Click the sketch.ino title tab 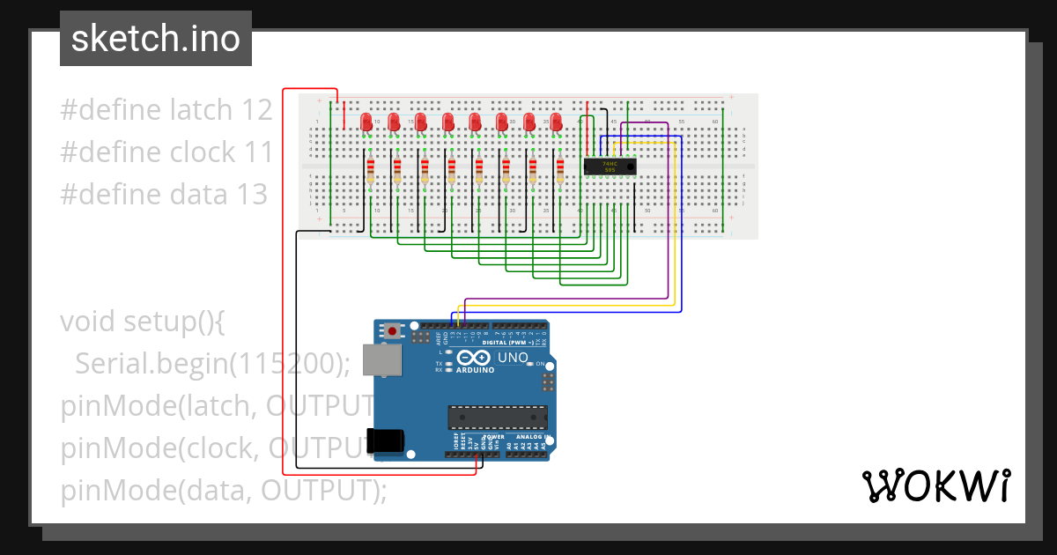point(155,39)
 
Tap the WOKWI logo point(935,486)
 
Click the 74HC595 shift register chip point(610,166)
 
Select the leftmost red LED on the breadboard point(367,122)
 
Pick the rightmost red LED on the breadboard point(556,122)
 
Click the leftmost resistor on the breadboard point(370,169)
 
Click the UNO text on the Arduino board point(513,358)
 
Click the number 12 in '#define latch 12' point(255,110)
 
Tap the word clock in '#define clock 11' point(203,152)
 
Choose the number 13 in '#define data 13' point(250,194)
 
